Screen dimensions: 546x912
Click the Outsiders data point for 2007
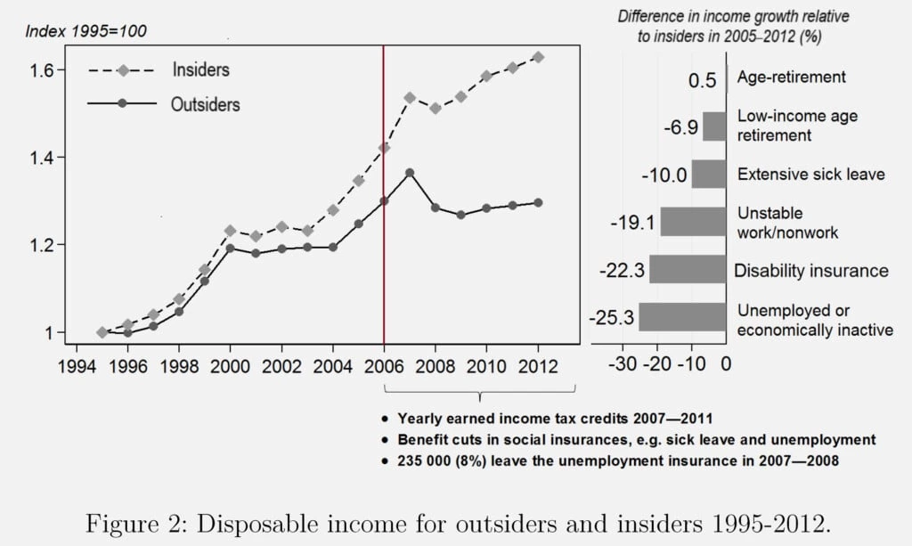coord(410,173)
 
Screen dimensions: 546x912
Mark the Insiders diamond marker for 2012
coord(537,57)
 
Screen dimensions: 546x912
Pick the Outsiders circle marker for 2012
coord(537,202)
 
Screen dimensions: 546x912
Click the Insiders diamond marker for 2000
coord(230,231)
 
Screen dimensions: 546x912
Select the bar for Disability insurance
coord(688,269)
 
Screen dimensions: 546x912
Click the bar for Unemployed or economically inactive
coord(682,317)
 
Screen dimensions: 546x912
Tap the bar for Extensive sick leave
coord(709,174)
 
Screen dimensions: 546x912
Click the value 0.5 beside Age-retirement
coord(702,80)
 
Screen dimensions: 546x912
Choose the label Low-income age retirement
coord(785,126)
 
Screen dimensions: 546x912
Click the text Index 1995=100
coord(86,31)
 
